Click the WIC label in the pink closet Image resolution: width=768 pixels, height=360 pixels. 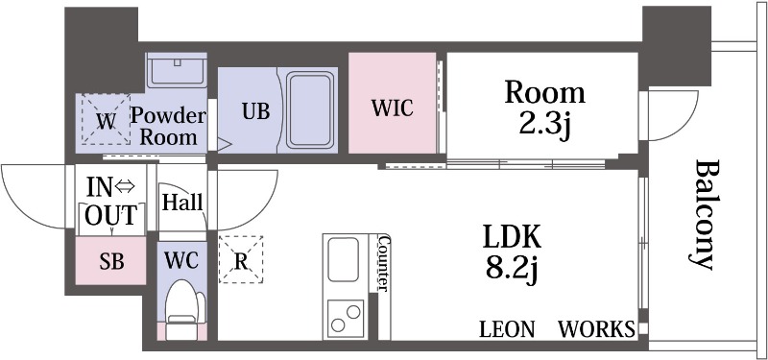coord(393,108)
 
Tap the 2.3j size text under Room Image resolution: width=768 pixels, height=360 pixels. coord(544,126)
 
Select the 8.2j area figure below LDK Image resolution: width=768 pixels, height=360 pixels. coord(512,270)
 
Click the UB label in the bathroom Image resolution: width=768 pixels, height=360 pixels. coord(255,111)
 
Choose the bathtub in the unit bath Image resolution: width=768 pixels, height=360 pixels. coord(310,109)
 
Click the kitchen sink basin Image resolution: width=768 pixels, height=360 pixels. coord(343,259)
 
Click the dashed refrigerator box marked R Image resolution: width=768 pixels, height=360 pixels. coord(241,259)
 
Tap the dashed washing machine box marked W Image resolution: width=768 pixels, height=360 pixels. coord(106,119)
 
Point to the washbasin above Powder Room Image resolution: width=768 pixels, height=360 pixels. coord(177,71)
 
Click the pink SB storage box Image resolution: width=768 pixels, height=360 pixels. coord(110,261)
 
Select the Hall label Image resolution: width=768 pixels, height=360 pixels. coord(182,202)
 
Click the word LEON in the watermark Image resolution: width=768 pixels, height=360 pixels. coord(507,329)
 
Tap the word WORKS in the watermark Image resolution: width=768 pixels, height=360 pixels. coord(597,329)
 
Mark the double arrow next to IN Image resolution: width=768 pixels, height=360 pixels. coord(127,186)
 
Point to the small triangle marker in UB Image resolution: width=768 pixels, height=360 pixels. coord(225,144)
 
